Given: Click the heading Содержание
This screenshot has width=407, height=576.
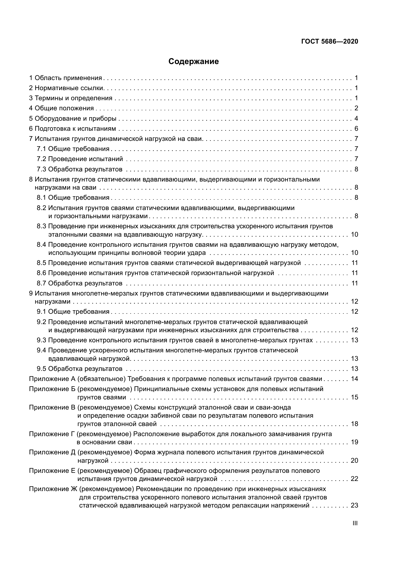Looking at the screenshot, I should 193,62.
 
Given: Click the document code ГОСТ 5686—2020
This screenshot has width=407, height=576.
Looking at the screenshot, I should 329,42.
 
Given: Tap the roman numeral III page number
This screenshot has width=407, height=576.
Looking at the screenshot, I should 355,523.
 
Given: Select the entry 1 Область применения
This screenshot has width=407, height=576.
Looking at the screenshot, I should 66,78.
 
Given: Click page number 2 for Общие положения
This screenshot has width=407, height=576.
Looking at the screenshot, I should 356,108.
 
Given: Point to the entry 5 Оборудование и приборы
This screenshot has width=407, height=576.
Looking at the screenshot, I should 73,118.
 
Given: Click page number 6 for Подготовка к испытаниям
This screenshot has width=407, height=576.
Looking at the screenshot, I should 356,129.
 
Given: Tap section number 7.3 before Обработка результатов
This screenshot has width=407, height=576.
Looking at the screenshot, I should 42,169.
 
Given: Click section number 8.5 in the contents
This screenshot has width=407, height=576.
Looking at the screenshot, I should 42,263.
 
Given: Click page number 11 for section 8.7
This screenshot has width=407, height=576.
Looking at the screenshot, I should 355,283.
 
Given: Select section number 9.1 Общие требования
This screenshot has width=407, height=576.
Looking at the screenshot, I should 42,312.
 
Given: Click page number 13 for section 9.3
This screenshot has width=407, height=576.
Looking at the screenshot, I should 355,340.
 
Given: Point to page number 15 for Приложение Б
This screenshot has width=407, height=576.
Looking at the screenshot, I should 355,397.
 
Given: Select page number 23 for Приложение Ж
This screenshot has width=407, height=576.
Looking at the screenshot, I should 355,506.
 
